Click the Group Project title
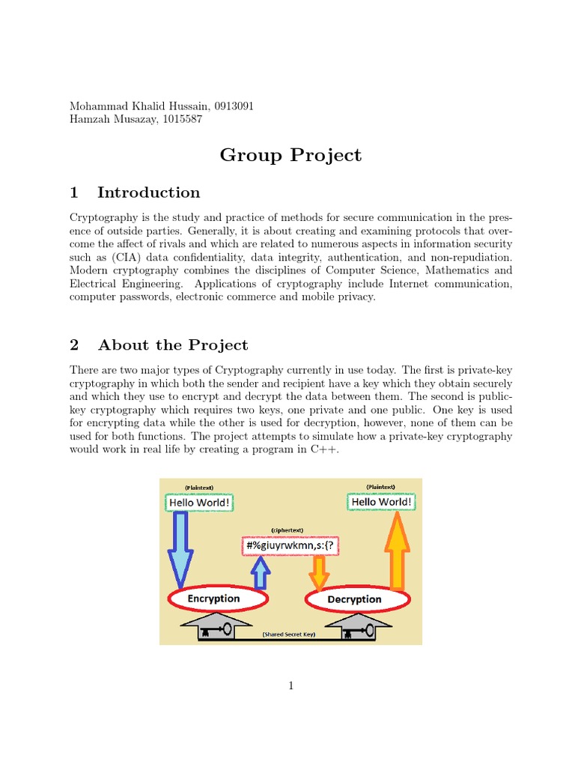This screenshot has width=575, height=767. coord(290,155)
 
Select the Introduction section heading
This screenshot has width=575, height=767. coord(148,192)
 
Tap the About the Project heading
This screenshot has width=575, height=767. coord(172,345)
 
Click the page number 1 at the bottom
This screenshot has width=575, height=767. coord(290,685)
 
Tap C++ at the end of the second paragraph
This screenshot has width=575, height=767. coord(317,449)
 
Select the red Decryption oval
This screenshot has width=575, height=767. coord(357,599)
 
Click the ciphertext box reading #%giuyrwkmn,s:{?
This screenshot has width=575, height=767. coord(290,546)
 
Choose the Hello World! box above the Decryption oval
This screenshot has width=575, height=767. coord(380,502)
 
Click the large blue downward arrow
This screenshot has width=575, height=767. coord(180,551)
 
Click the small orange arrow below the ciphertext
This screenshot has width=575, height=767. coord(319,574)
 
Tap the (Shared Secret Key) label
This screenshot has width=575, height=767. coord(289,634)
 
